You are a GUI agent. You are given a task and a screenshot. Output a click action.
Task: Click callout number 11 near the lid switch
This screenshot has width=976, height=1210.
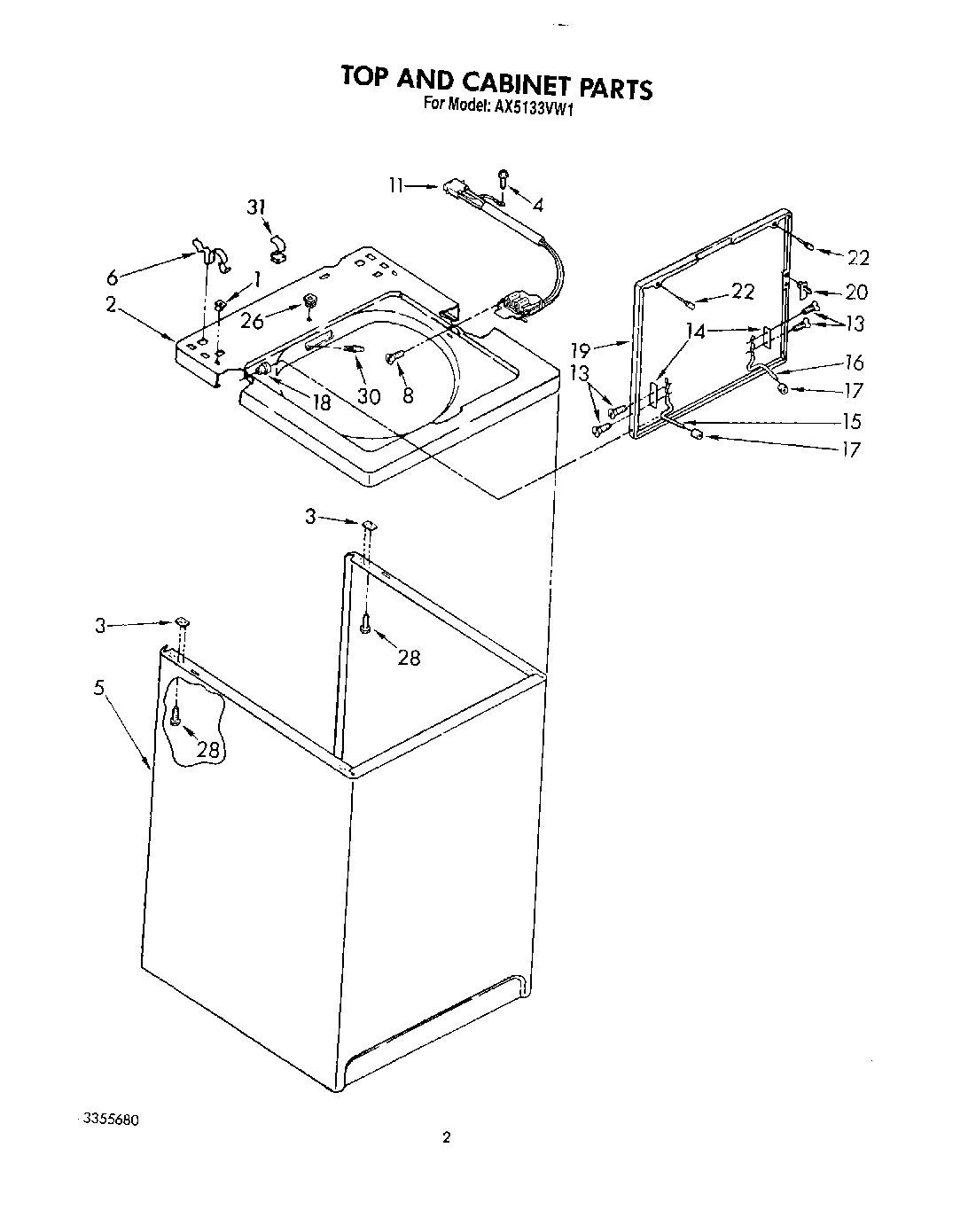[x=395, y=185]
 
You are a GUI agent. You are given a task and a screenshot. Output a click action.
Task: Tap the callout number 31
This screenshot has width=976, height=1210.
[x=256, y=207]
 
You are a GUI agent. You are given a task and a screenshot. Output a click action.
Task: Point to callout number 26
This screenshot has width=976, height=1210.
[x=252, y=320]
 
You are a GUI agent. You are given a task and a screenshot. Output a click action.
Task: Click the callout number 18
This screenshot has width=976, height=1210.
[x=321, y=402]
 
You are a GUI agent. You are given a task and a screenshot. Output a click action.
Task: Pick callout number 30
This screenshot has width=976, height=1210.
[x=369, y=395]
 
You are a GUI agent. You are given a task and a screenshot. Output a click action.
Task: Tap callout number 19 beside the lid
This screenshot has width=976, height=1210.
[x=580, y=350]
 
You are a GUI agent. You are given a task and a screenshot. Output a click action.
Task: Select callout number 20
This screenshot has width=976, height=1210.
[x=856, y=292]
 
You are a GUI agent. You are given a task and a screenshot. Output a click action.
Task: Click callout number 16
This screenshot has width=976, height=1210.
[x=854, y=363]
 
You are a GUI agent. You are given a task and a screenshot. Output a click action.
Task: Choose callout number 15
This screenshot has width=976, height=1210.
[x=850, y=421]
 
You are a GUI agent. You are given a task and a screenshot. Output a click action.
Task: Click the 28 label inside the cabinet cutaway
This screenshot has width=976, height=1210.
[x=207, y=750]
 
